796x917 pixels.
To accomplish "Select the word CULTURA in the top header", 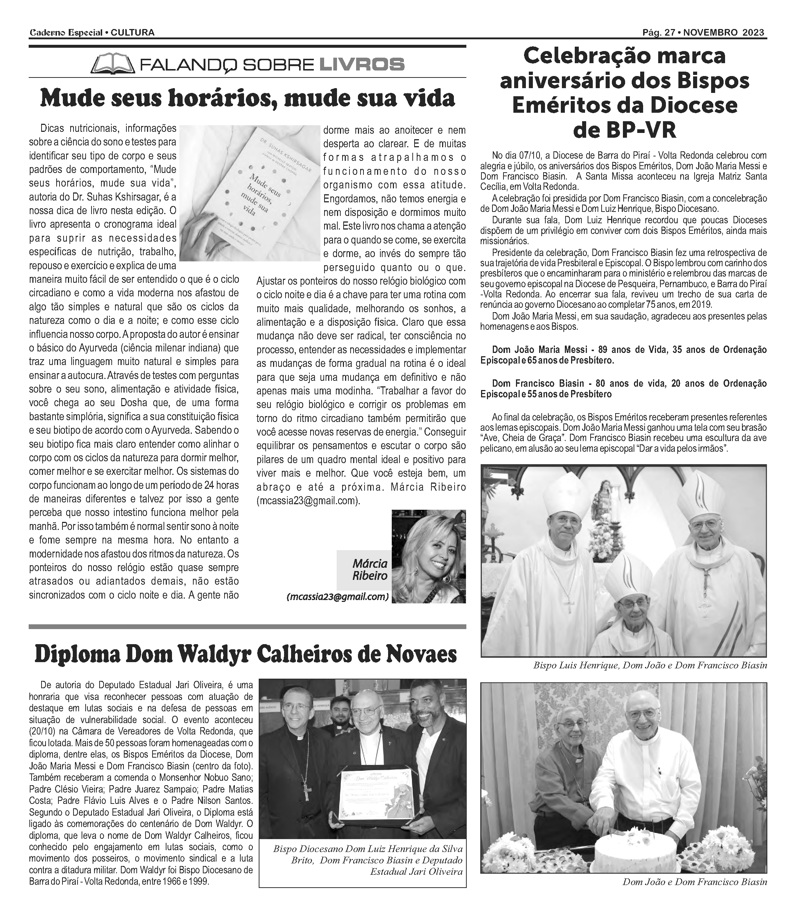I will coord(132,32).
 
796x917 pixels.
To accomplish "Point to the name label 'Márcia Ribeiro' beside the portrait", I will coord(370,570).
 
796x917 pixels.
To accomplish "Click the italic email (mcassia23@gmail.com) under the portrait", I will coord(338,597).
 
